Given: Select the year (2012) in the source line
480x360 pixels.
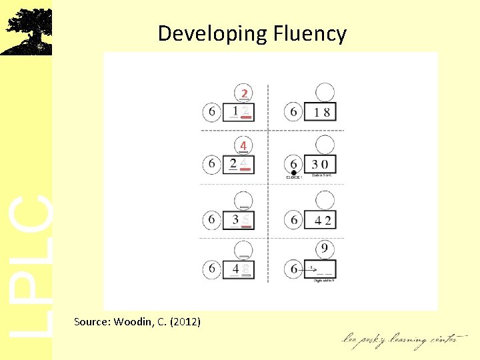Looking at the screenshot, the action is point(185,322).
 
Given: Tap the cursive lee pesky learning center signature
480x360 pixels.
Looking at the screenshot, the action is point(400,339).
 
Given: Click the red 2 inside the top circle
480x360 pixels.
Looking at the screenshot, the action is point(245,93).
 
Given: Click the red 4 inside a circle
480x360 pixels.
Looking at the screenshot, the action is point(244,145).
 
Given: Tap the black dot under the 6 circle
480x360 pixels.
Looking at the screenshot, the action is point(293,173).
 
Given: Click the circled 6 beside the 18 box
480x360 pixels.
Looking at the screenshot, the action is point(294,111).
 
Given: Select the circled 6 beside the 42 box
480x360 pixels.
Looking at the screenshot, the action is point(294,219).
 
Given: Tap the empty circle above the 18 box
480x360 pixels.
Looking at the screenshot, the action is point(325,92).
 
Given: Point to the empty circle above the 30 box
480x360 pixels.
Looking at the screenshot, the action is point(325,145).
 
